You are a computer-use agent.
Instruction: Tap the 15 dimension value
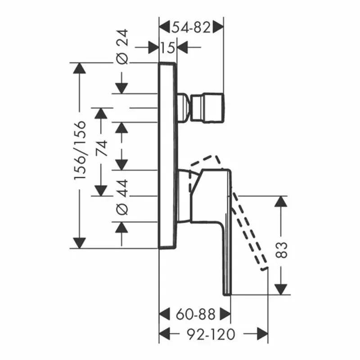coord(167,48)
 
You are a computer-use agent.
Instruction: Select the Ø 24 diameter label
coord(122,47)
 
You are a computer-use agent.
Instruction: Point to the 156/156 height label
coord(80,150)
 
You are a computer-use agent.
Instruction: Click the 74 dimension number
coord(101,148)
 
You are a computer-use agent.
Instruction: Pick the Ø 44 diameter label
coord(122,198)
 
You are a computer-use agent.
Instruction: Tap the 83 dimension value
coord(281,250)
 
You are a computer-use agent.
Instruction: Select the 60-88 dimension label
coord(195,314)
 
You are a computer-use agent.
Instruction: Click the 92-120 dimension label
coord(211,334)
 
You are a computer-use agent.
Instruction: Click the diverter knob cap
coord(207,108)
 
